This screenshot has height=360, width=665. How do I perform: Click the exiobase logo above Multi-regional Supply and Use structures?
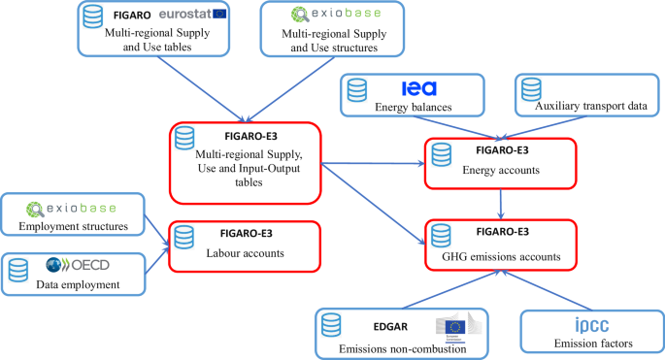click(329, 16)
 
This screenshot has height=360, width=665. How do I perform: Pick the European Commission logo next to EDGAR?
click(457, 327)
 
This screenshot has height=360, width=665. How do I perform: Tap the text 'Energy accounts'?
click(502, 170)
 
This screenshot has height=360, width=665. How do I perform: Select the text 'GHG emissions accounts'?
click(501, 256)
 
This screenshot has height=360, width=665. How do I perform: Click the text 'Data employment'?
click(72, 284)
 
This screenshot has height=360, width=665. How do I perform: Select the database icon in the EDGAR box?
click(331, 325)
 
